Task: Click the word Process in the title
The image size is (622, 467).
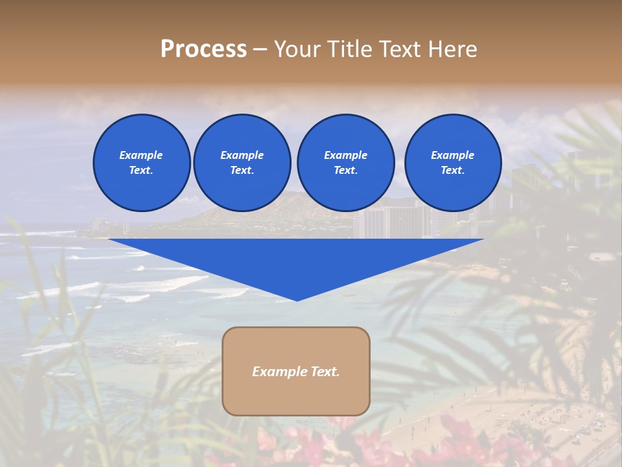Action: click(203, 49)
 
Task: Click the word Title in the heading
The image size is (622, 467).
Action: click(348, 49)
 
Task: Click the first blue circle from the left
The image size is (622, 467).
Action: click(141, 162)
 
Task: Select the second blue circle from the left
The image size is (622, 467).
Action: click(242, 162)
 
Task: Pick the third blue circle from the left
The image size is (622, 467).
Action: click(345, 162)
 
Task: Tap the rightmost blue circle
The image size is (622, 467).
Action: click(452, 162)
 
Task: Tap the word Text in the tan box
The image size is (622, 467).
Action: click(325, 372)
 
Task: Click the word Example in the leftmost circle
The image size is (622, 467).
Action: click(141, 155)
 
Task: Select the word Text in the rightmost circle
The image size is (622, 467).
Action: click(452, 170)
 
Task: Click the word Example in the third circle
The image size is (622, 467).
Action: click(345, 155)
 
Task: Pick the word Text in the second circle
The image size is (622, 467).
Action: click(242, 170)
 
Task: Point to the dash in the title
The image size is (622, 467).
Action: click(260, 49)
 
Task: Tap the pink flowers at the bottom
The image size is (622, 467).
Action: click(363, 441)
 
